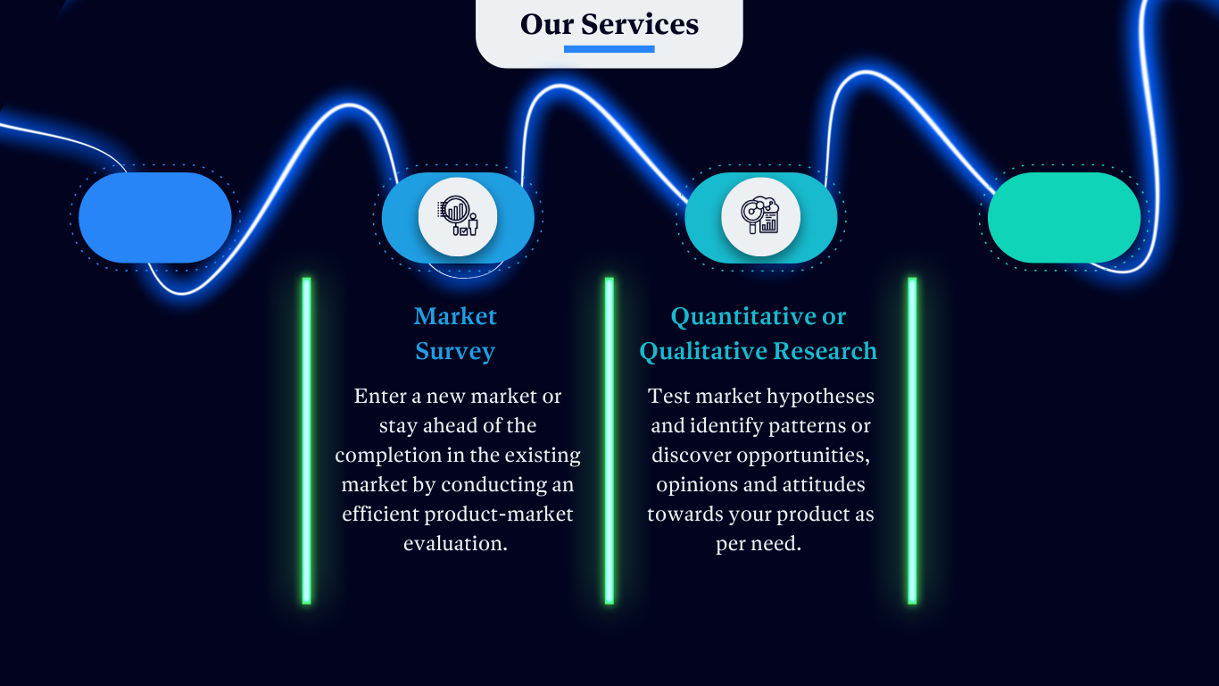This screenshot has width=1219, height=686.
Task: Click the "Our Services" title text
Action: coord(609,24)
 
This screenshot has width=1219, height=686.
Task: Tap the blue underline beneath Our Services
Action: coord(609,49)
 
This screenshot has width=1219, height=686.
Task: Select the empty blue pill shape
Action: coord(155,218)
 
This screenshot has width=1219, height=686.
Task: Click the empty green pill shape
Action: coord(1064,218)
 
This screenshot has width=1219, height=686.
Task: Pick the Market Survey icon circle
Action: coord(458,217)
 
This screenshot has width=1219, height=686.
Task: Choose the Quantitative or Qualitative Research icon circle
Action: coord(760,217)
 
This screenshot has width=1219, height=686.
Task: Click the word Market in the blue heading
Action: coord(455,316)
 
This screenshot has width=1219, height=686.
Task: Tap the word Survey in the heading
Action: coord(455,351)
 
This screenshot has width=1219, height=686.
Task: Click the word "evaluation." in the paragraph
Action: coord(455,543)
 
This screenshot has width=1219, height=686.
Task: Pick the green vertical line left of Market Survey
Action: coord(306,440)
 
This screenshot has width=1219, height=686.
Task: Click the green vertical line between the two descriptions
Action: coord(609,440)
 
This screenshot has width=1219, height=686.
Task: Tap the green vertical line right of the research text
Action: coord(912,440)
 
